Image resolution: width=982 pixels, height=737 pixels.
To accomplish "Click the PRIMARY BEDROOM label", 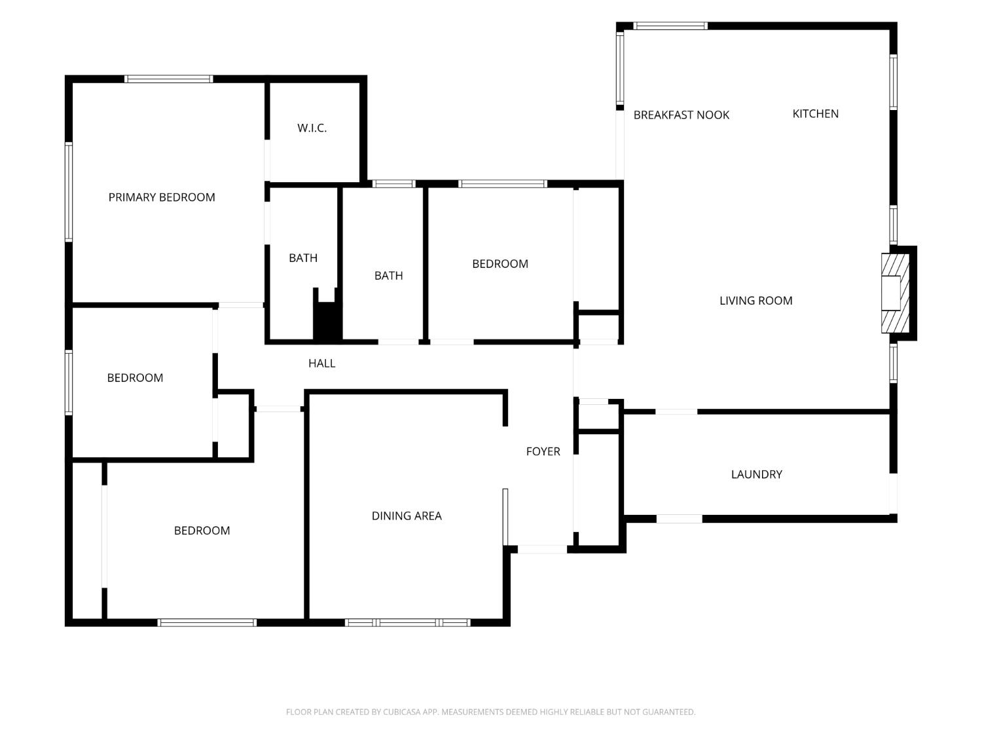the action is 162,197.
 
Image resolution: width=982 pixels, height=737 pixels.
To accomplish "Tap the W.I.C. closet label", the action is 312,128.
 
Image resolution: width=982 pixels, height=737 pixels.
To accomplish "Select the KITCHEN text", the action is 815,113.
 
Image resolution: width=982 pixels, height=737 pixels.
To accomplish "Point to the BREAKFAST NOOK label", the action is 681,115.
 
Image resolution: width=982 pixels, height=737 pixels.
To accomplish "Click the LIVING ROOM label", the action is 755,301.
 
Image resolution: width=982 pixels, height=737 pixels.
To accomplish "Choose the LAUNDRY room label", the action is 757,474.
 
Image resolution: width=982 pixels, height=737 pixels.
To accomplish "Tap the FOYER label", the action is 543,451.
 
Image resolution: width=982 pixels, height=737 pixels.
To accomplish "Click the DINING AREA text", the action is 407,516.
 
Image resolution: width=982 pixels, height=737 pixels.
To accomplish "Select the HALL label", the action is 321,364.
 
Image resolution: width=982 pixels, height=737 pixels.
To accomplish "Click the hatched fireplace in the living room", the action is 895,293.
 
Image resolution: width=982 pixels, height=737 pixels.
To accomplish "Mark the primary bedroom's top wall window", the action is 169,79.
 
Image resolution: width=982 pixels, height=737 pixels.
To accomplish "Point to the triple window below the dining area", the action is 408,622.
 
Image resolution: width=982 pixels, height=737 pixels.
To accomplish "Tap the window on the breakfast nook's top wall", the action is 670,26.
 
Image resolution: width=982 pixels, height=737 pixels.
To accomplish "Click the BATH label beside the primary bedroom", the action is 303,258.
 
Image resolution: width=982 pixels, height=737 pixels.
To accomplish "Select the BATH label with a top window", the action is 388,276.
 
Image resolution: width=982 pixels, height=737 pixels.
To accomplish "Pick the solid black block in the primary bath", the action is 327,318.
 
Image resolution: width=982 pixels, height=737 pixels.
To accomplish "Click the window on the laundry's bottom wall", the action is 679,519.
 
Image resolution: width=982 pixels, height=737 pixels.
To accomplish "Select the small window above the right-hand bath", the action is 393,183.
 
